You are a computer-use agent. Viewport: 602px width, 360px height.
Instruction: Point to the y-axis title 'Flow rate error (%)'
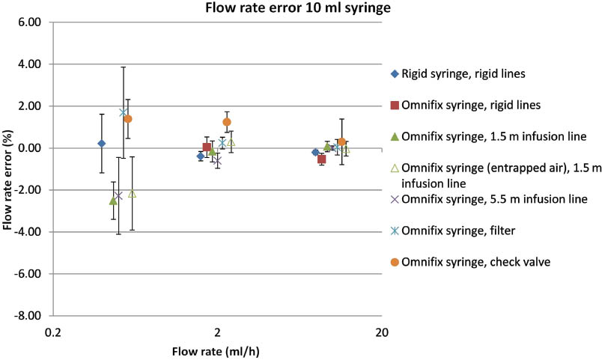[8, 168]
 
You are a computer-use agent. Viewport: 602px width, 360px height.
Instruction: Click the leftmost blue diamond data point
[102, 143]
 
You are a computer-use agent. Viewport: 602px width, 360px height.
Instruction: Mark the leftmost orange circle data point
[128, 119]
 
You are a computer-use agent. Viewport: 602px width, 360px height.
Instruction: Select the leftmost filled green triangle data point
[113, 201]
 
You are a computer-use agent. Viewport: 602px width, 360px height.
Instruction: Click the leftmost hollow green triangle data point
[133, 194]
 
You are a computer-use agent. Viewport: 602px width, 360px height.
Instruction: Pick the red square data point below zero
[321, 159]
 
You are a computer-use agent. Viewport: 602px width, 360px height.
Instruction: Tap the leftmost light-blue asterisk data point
[124, 113]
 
